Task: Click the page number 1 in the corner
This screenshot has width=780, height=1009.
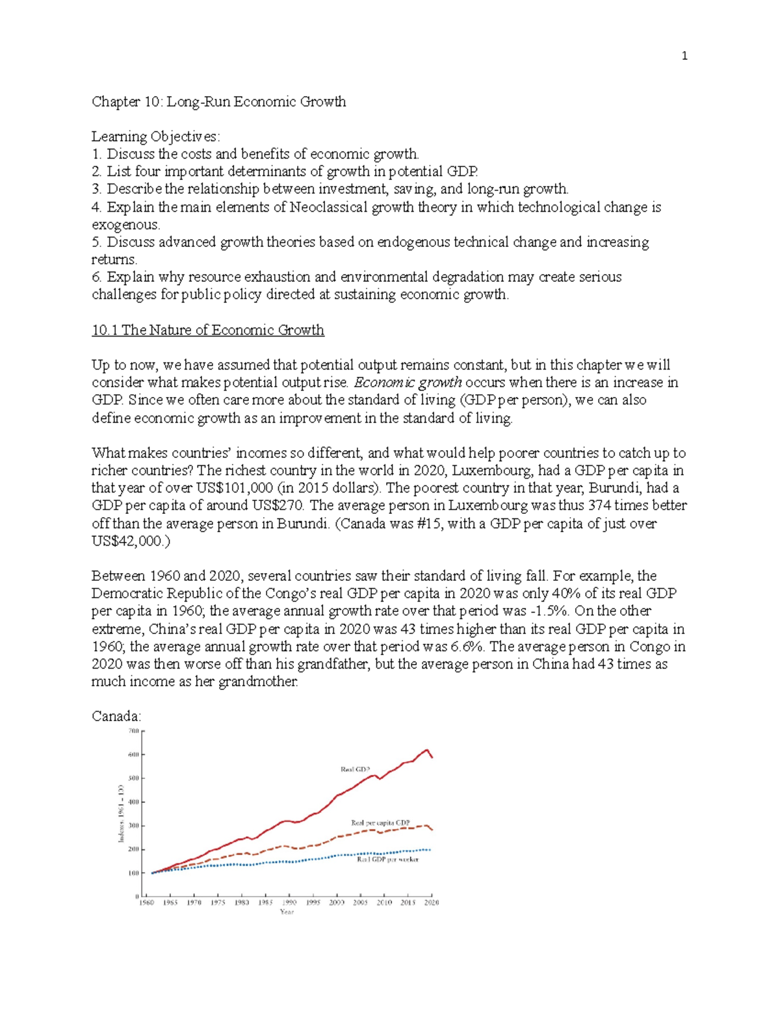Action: [684, 57]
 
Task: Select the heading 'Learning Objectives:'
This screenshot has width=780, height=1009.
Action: [155, 136]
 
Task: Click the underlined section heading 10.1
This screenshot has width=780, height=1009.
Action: [207, 330]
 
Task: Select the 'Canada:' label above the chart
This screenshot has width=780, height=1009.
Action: [116, 717]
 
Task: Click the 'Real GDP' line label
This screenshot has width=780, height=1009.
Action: [356, 769]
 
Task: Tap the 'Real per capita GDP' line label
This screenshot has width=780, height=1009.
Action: [380, 823]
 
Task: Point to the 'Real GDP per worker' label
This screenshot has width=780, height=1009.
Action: [387, 859]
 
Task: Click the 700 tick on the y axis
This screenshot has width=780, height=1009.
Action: [133, 731]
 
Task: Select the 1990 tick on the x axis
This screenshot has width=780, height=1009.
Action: [289, 902]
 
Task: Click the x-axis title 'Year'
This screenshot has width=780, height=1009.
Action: [287, 912]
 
